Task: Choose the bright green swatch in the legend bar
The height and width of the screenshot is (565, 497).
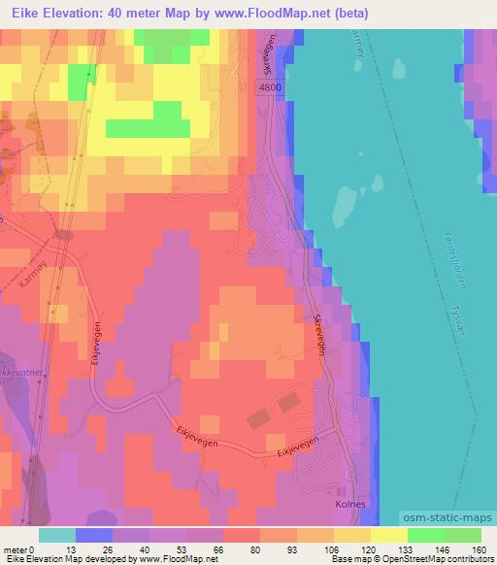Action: coord(424,535)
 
